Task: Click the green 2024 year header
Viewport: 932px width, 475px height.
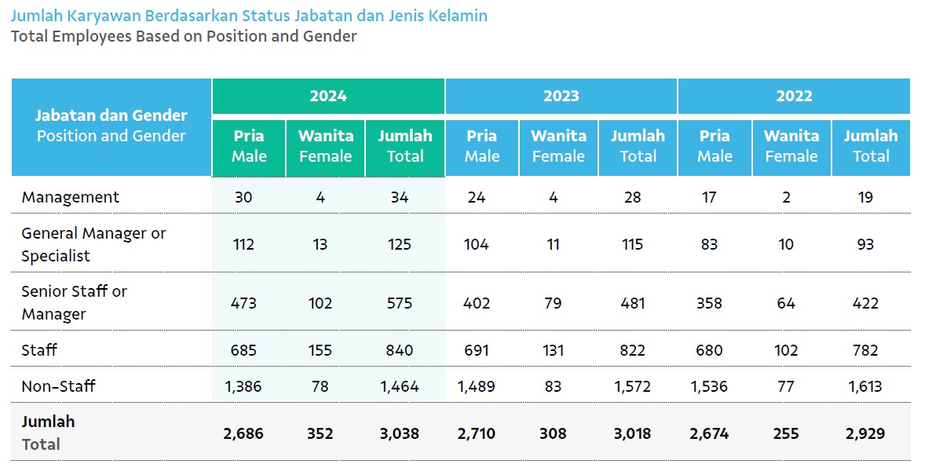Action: tap(328, 96)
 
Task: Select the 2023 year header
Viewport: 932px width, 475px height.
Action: tap(561, 96)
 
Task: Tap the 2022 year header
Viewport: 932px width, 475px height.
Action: tap(794, 96)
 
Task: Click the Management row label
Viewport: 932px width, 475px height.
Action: tap(70, 197)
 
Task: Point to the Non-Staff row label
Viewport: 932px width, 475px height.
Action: tap(58, 386)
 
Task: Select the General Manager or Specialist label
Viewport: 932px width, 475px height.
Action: tap(93, 244)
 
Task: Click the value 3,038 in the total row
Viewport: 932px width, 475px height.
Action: tap(400, 434)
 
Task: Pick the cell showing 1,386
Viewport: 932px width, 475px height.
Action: tap(243, 387)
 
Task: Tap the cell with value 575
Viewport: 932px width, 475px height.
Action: tap(400, 303)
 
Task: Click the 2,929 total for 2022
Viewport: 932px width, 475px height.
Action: tap(865, 434)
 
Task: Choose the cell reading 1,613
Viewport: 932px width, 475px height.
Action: tap(865, 387)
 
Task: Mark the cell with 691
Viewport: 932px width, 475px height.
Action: tap(476, 350)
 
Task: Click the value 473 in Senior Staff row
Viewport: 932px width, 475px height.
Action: tap(243, 303)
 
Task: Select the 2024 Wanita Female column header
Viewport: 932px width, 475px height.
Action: tap(326, 146)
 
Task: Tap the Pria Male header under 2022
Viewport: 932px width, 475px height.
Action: tap(715, 146)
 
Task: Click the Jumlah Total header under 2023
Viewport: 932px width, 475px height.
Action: tap(638, 146)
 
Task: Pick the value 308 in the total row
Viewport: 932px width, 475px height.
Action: tap(553, 434)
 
